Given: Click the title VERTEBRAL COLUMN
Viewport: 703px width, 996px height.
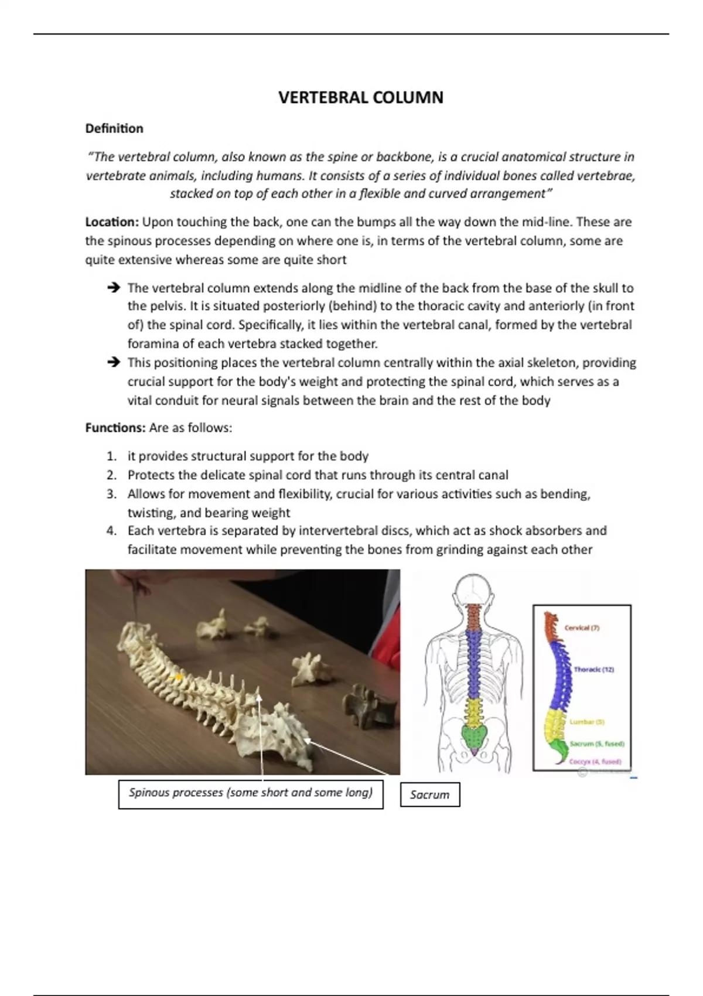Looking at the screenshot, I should [360, 97].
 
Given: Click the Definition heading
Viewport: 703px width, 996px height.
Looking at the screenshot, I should [114, 128].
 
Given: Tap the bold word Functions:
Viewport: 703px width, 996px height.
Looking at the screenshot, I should [115, 428].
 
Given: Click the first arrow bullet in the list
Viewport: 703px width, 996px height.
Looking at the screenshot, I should [114, 288].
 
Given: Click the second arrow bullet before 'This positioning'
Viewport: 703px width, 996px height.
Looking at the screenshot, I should [114, 363].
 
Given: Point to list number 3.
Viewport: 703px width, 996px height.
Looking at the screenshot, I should [112, 494].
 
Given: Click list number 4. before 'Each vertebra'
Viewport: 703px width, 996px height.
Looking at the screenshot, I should [112, 531].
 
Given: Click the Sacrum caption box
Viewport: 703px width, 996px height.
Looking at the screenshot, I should [429, 795].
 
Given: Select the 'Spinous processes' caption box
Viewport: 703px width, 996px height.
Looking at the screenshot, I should [251, 793].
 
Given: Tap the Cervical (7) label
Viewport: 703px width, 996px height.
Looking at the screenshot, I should [582, 627].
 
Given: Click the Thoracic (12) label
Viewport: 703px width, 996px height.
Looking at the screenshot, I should [593, 669].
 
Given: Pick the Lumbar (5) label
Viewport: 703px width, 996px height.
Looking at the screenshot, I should [586, 722].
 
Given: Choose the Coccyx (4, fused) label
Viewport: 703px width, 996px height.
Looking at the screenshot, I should [595, 762].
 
